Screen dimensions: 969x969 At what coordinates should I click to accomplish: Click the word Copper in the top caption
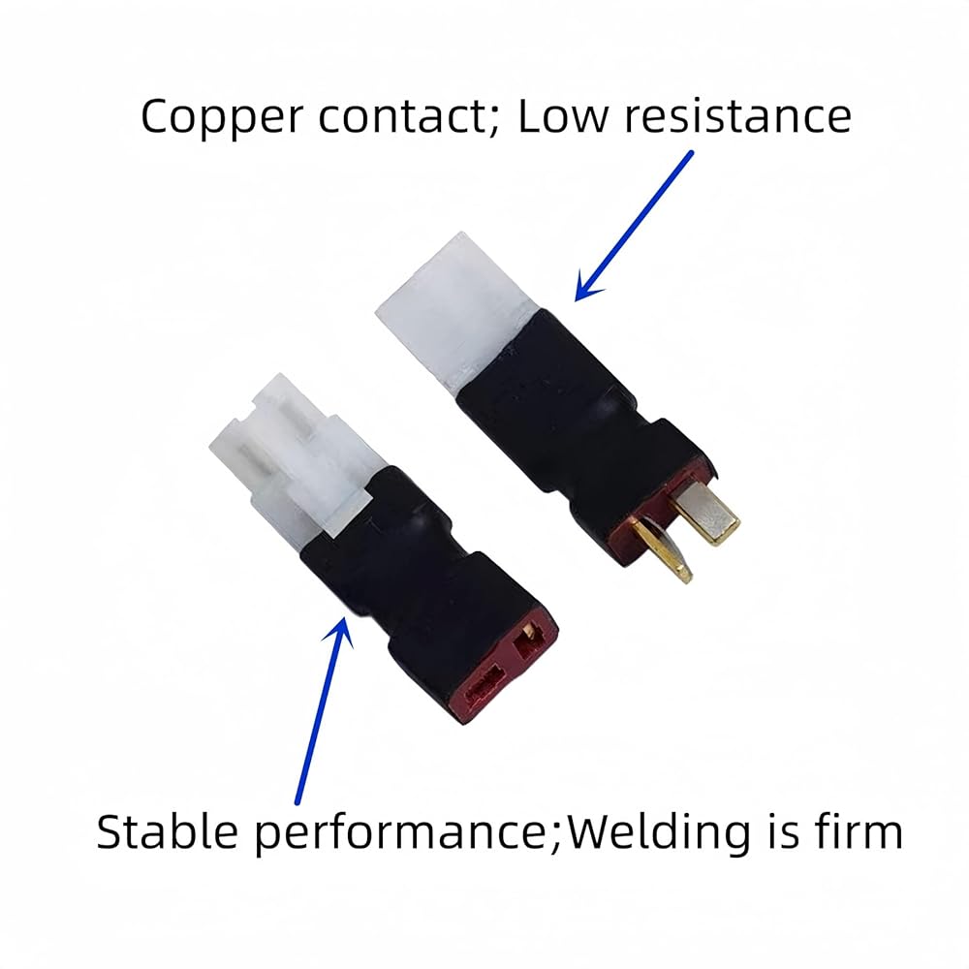pos(222,118)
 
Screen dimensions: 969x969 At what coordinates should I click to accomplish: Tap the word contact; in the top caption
pos(409,116)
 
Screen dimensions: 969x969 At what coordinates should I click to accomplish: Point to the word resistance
pos(737,116)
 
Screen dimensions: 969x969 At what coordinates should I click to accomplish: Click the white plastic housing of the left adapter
pos(294,454)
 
